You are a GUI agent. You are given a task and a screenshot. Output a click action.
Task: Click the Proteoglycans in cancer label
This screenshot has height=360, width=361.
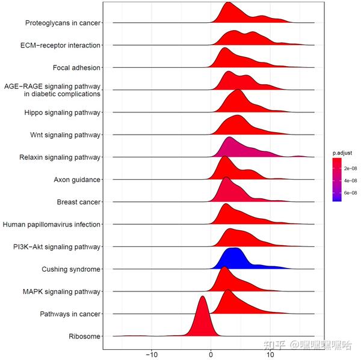coord(63,23)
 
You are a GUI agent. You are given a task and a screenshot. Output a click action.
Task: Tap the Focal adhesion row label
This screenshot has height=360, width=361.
coord(76,68)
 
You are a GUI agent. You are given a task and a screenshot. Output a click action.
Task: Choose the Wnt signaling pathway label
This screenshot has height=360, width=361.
coord(65,135)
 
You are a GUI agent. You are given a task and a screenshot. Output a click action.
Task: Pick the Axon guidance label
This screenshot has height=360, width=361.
coord(77,179)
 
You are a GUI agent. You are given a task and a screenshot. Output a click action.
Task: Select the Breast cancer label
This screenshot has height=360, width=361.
coord(78,202)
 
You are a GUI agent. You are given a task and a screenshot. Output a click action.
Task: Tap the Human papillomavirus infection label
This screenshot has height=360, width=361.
coord(51,224)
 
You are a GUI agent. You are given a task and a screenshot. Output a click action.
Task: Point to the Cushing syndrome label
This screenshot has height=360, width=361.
coord(71,269)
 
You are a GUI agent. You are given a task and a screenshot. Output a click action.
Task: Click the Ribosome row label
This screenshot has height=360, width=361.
coord(84,336)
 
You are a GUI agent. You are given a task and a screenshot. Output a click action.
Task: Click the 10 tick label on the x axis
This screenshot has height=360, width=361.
coord(270,355)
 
